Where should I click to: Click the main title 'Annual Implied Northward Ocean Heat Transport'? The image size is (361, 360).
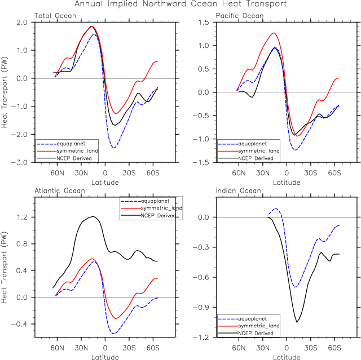click(x=180, y=4)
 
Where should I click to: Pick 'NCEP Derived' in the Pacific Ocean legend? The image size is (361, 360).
click(x=255, y=158)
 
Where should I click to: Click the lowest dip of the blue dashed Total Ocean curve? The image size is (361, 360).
click(x=115, y=148)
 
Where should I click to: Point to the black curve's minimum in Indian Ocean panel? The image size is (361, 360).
click(x=297, y=322)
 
